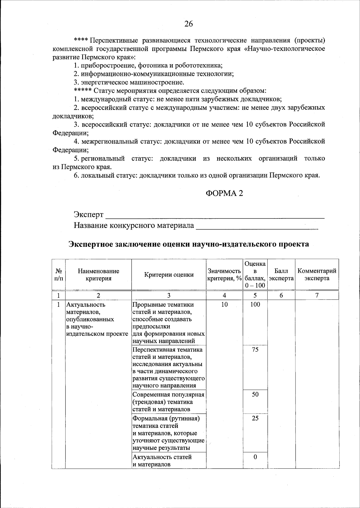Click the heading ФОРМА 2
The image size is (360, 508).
pyautogui.click(x=224, y=194)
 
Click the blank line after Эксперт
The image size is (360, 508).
pyautogui.click(x=215, y=215)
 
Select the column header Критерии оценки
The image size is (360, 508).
pyautogui.click(x=169, y=275)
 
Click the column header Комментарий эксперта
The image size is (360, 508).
pyautogui.click(x=317, y=275)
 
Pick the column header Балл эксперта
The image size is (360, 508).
pyautogui.click(x=281, y=275)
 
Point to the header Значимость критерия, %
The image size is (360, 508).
pyautogui.click(x=224, y=275)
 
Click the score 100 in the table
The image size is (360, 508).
pyautogui.click(x=255, y=305)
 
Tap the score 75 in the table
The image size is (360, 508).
pyautogui.click(x=255, y=350)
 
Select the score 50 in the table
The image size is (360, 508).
pyautogui.click(x=255, y=394)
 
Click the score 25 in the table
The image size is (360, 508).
pyautogui.click(x=255, y=418)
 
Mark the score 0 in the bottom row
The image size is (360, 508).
pyautogui.click(x=255, y=457)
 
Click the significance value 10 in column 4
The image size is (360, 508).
pyautogui.click(x=224, y=305)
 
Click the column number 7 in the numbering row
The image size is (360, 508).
pyautogui.click(x=317, y=295)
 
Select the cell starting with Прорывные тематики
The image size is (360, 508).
pyautogui.click(x=169, y=323)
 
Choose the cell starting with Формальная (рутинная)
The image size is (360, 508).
pyautogui.click(x=169, y=433)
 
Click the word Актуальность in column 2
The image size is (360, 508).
pyautogui.click(x=86, y=305)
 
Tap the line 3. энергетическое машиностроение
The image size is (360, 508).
pyautogui.click(x=129, y=82)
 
